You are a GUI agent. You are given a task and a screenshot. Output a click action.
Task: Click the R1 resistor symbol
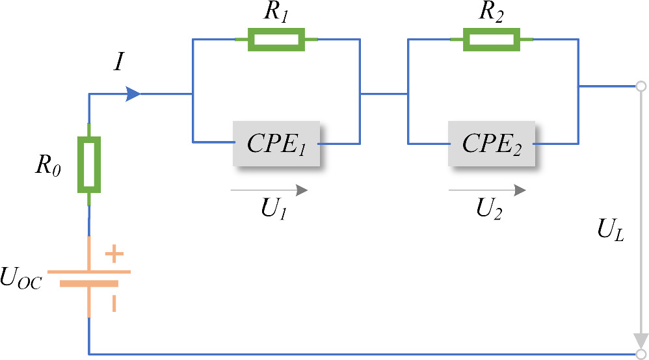point(276,40)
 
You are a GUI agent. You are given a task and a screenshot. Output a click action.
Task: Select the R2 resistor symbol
point(491,40)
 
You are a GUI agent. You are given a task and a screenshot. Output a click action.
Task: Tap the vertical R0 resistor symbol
point(89,164)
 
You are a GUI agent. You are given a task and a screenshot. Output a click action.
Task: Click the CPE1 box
point(276,143)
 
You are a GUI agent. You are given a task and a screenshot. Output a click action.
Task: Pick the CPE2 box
point(492,143)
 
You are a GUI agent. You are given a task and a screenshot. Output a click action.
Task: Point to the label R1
point(276,12)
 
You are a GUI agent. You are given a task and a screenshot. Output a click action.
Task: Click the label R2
point(492,12)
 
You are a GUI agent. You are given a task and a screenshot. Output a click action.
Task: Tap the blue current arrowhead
point(133,94)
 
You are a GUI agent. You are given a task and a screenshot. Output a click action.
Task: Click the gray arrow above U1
point(269,190)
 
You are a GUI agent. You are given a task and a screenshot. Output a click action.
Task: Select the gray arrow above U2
point(487,190)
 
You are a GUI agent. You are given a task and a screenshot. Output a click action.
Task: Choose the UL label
point(610,231)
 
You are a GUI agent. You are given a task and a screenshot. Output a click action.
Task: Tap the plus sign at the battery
point(114,253)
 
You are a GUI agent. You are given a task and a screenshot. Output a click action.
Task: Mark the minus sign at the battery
point(114,303)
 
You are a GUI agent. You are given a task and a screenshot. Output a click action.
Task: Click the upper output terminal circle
point(641,86)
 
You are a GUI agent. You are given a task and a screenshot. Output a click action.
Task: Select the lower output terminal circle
point(641,354)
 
